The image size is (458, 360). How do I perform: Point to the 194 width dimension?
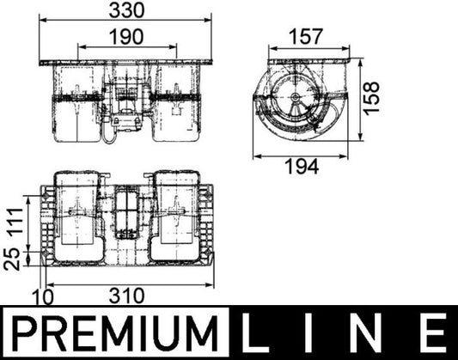coord(307,165)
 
